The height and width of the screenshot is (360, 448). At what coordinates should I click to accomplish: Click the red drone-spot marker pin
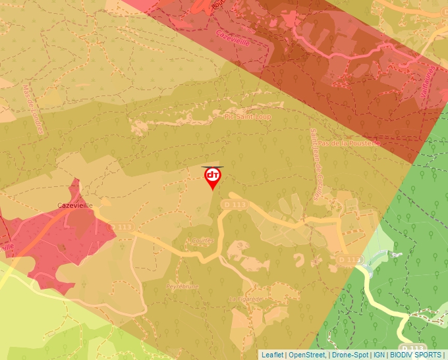click(x=212, y=177)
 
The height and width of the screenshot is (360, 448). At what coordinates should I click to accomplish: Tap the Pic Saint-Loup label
click(x=248, y=116)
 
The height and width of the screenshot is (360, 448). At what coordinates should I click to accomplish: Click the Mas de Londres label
click(x=32, y=109)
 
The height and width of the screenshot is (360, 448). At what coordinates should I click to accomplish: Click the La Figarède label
click(x=244, y=299)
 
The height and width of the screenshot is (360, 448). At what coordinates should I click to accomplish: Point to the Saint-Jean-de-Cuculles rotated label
click(x=315, y=165)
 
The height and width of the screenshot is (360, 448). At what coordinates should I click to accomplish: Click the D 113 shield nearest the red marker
click(x=235, y=205)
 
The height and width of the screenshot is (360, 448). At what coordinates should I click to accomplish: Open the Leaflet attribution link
click(x=272, y=355)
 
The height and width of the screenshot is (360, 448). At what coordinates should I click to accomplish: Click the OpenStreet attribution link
click(x=306, y=355)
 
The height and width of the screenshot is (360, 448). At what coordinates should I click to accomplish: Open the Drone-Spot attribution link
click(x=350, y=355)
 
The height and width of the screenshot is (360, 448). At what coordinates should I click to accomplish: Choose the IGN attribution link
click(x=379, y=355)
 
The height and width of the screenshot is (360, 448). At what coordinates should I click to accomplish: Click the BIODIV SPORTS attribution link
click(x=415, y=355)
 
